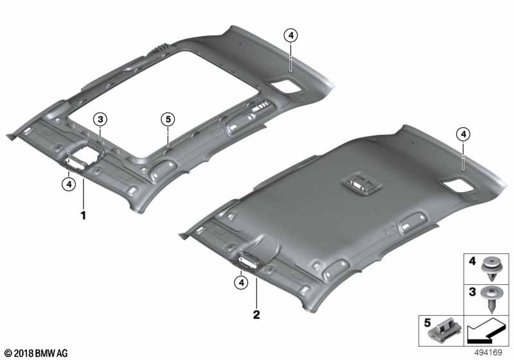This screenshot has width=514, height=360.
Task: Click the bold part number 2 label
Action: coord(256,316)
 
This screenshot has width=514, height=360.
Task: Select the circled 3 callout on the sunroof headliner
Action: coord(100,119)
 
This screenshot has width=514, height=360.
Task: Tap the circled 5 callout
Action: coord(168,119)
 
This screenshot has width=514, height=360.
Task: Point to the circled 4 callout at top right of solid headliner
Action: coord(463,134)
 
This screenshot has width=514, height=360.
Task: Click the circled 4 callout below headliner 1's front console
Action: coord(68,184)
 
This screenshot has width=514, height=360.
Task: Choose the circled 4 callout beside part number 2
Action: coord(241,282)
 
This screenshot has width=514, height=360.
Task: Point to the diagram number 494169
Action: coord(492,352)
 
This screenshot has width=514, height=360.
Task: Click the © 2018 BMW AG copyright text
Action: coord(36,353)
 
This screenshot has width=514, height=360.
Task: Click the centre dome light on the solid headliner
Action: coord(362,184)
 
